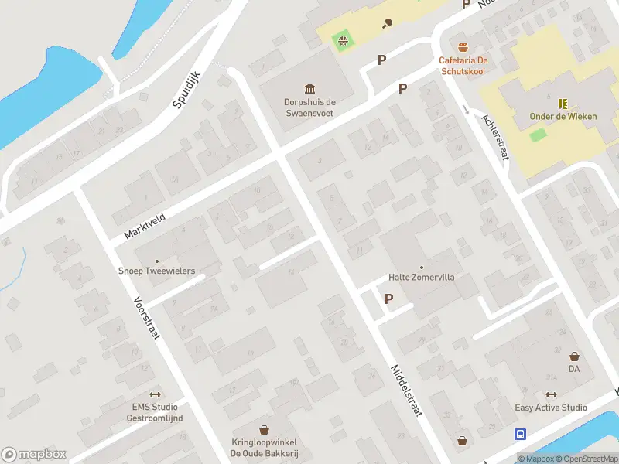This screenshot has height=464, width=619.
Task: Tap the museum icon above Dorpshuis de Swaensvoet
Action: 309,88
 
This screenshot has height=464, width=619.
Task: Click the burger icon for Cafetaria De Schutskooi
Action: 463,47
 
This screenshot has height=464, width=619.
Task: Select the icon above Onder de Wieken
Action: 563,103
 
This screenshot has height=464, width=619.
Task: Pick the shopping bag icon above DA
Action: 574,357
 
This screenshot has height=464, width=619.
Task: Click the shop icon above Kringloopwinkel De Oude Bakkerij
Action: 264,429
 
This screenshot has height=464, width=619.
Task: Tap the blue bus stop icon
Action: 521,435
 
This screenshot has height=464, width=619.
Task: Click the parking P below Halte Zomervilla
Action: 388,299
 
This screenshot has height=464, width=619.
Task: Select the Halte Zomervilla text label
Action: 421,277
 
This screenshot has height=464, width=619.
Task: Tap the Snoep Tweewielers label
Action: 156,271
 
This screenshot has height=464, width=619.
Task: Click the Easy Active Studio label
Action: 551,408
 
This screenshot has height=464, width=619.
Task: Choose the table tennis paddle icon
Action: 386,23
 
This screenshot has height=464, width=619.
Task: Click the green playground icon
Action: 342,39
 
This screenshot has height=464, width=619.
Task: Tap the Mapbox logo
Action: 32,455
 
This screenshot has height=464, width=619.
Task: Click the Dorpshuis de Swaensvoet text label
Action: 309,107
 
